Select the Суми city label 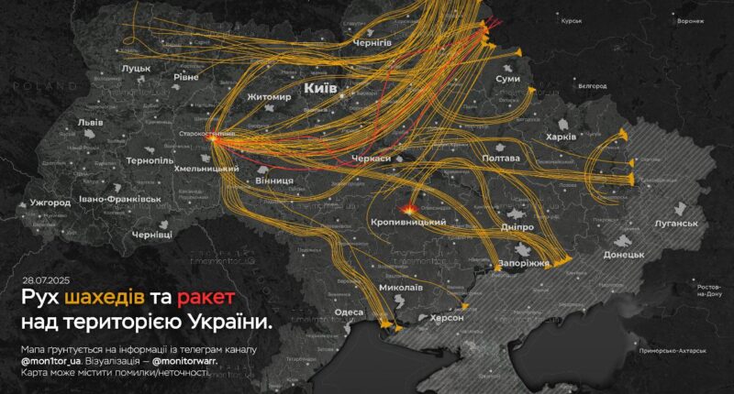(x=507, y=80)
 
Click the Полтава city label (x=500, y=159)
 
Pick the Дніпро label (x=517, y=226)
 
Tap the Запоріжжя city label (x=524, y=263)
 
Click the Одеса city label (x=350, y=312)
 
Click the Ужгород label (x=50, y=201)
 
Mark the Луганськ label (x=675, y=223)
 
